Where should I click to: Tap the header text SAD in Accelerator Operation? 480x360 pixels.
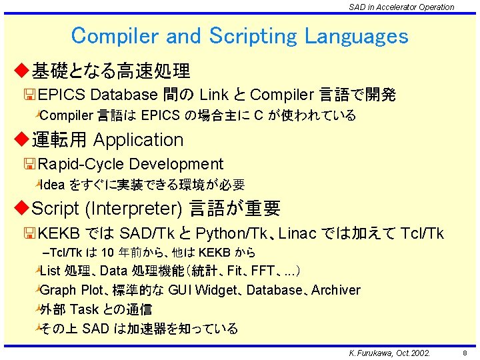click(x=401, y=7)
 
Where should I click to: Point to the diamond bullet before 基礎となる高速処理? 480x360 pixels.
click(x=23, y=69)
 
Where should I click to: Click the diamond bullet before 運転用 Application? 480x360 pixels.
click(x=23, y=139)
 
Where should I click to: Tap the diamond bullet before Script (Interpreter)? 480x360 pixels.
click(x=23, y=209)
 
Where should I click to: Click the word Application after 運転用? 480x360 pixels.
click(x=139, y=140)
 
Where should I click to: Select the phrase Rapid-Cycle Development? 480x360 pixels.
click(x=131, y=164)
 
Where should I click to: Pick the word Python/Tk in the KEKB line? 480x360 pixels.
click(x=233, y=233)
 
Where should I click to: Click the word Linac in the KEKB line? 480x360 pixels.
click(x=299, y=233)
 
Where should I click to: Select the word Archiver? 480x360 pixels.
click(x=336, y=290)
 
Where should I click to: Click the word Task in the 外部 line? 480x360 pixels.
click(x=84, y=309)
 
